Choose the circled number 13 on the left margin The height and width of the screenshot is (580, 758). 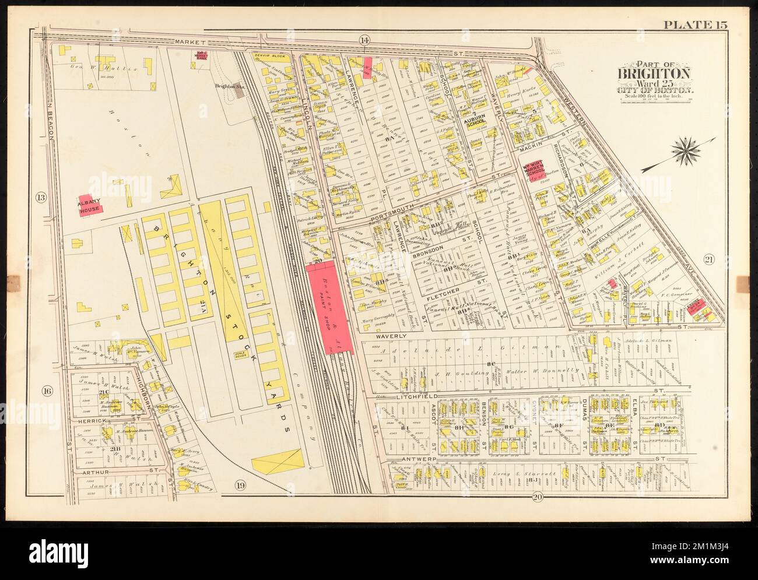[x=40, y=197]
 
